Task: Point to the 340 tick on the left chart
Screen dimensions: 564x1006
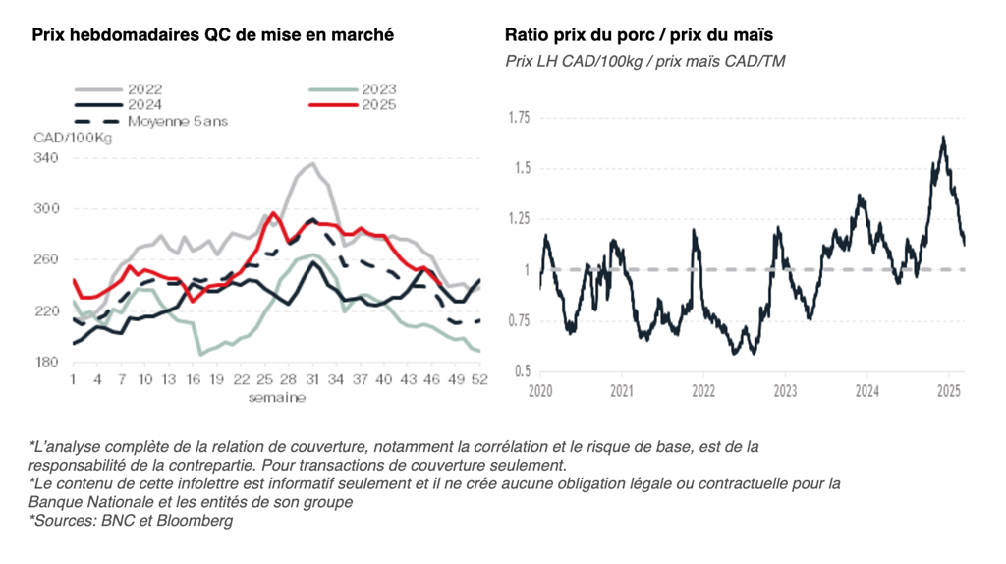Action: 46,158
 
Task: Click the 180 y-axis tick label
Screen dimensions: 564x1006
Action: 46,363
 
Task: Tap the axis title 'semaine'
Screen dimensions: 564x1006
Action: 276,398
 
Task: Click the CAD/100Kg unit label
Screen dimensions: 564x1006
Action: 73,139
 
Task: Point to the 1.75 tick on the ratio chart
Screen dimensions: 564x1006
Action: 518,118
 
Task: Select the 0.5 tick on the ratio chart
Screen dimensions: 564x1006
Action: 522,370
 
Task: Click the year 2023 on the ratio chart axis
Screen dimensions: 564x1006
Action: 784,391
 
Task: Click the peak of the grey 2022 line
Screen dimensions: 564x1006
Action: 311,163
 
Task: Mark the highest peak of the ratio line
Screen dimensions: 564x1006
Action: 943,137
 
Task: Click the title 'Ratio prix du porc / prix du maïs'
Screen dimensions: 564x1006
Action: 639,35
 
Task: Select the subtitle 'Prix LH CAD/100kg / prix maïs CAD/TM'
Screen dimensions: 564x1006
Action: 644,61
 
